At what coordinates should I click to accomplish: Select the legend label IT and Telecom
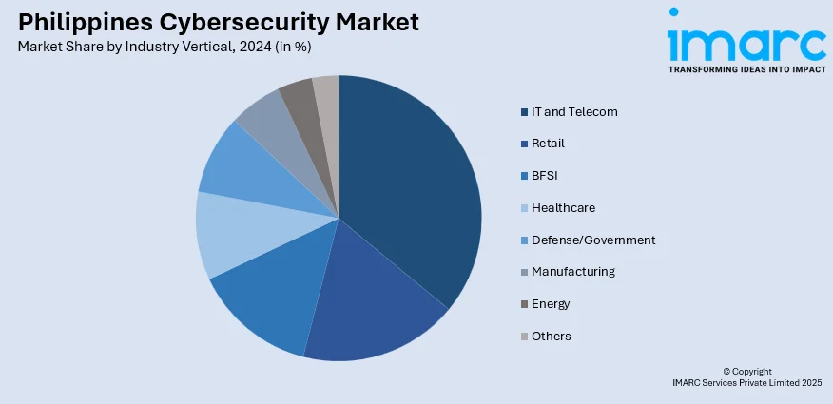(574, 111)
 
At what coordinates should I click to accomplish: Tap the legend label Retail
(548, 144)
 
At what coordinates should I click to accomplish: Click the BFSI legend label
(544, 175)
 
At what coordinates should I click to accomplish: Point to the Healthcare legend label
(563, 207)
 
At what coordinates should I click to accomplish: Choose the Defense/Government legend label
(593, 240)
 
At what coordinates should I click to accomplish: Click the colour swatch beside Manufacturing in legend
(524, 272)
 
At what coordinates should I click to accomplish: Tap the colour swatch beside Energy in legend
(524, 304)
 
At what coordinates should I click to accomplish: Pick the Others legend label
(552, 336)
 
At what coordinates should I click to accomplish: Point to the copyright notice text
(746, 376)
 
